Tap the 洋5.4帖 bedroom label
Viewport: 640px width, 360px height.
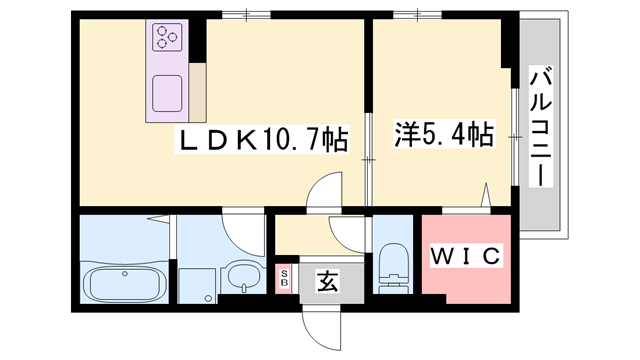pos(443,132)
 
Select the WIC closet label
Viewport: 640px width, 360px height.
pos(464,256)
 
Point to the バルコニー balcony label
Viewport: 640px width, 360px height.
pos(540,125)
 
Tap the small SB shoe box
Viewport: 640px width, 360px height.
pos(284,277)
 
